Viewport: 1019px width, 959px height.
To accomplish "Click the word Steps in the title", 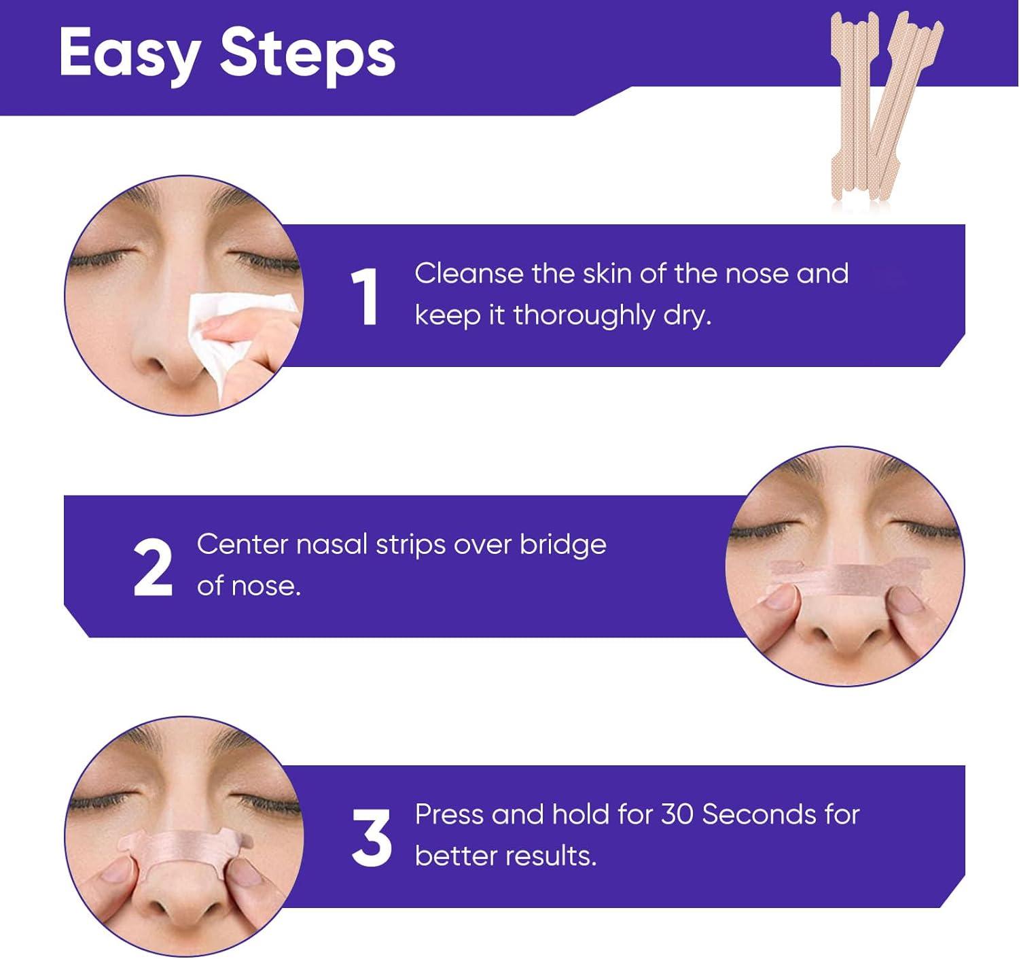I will pyautogui.click(x=307, y=54).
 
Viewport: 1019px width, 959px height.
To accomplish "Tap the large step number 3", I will pyautogui.click(x=372, y=837).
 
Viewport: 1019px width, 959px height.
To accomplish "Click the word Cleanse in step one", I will pyautogui.click(x=469, y=274).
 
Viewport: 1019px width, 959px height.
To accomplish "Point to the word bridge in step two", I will pyautogui.click(x=563, y=545).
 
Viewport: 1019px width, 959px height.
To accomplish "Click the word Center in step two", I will pyautogui.click(x=242, y=545).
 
